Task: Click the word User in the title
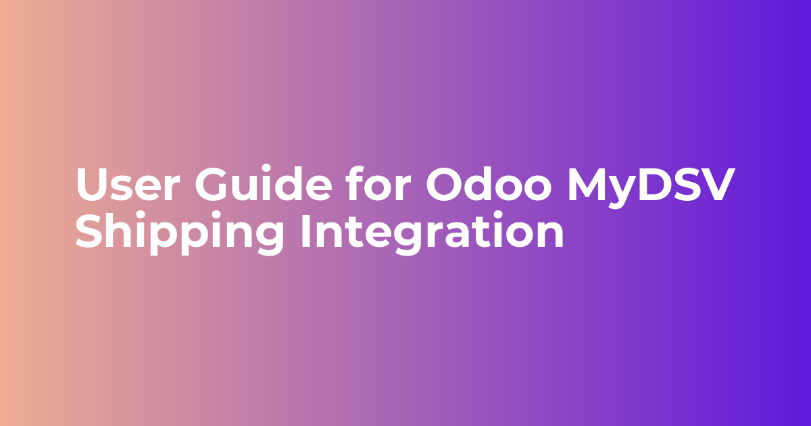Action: point(128,185)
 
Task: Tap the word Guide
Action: point(264,183)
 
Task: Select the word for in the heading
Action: point(378,183)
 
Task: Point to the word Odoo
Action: point(489,183)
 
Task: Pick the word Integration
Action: point(433,232)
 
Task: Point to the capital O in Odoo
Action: point(445,185)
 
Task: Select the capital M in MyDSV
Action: point(587,185)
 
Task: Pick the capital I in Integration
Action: point(306,231)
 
